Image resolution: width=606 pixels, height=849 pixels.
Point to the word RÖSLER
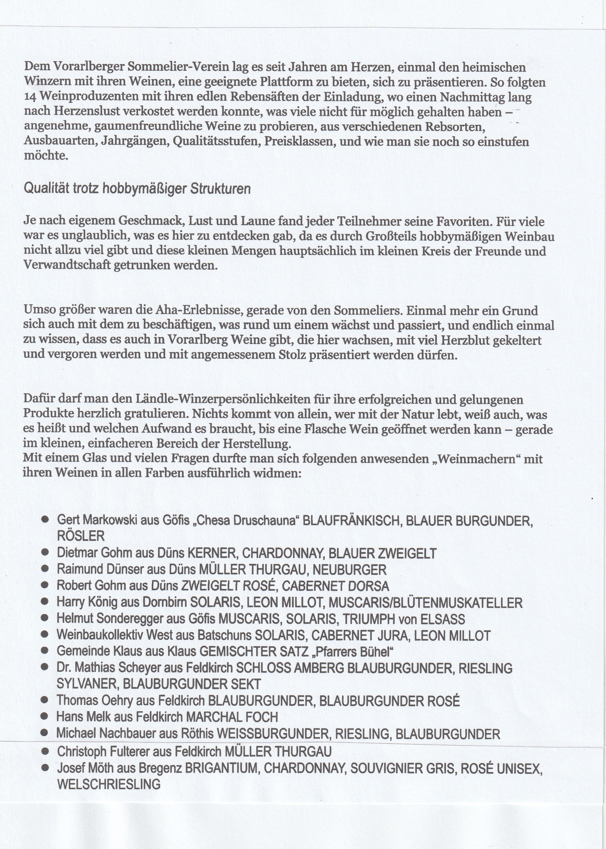(80, 536)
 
